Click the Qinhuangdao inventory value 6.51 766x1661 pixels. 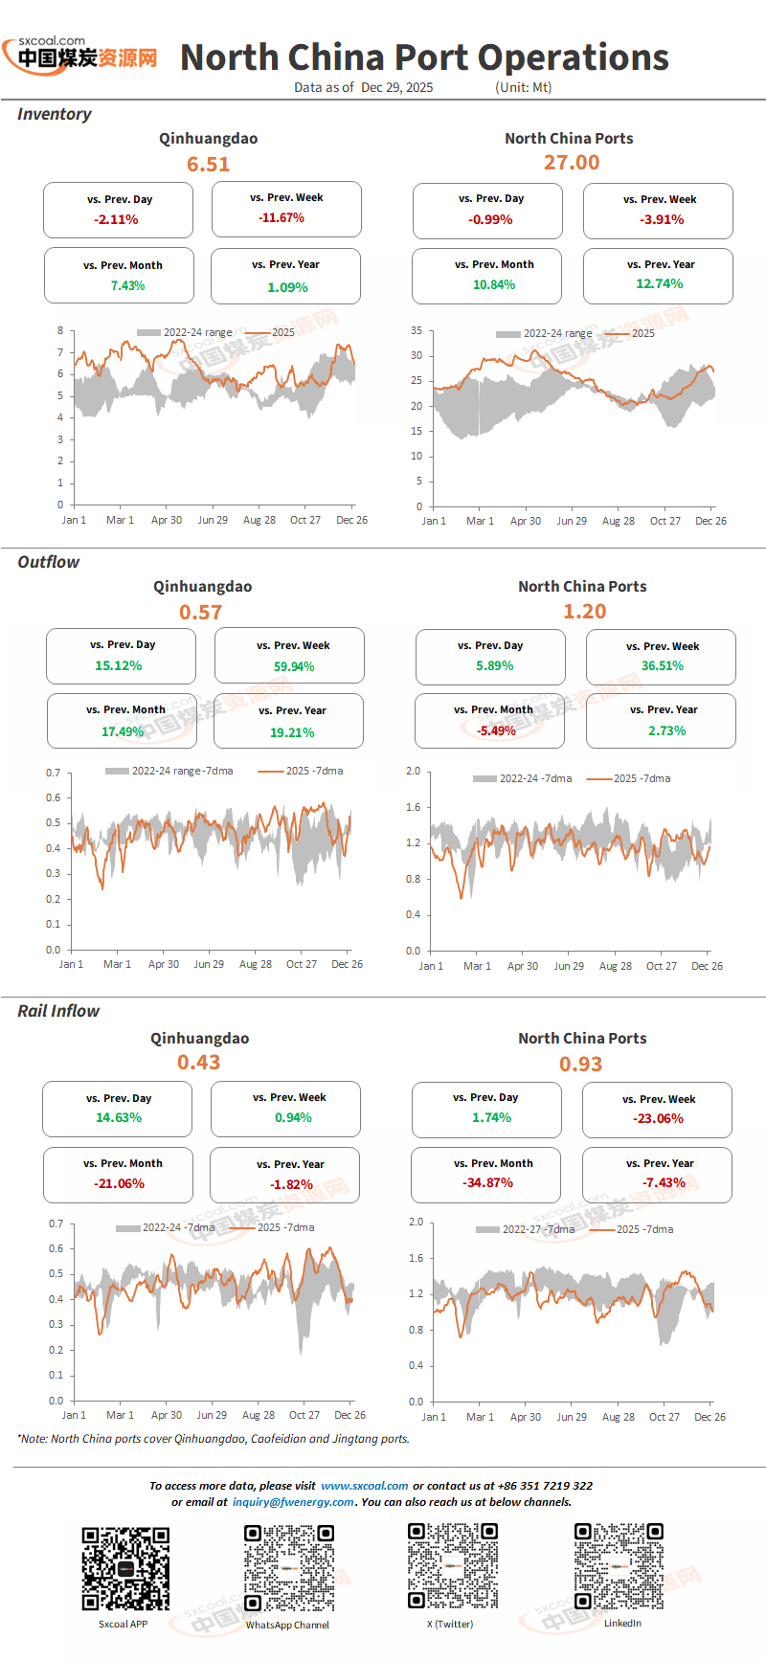tap(208, 165)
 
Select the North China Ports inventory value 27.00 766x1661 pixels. tap(572, 163)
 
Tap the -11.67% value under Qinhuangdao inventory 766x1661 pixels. tap(282, 218)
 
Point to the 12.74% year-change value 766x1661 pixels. tap(660, 284)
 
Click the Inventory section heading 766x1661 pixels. tap(55, 114)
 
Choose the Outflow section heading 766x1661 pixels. tap(49, 562)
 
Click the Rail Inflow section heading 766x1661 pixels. tap(58, 1011)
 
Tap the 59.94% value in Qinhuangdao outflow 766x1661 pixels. tap(294, 667)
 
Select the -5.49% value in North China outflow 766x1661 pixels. tap(496, 730)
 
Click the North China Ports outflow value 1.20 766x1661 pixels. tap(585, 612)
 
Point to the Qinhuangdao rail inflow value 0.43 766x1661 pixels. tap(199, 1063)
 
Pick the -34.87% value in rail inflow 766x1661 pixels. tap(488, 1183)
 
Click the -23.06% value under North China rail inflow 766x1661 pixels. tap(658, 1119)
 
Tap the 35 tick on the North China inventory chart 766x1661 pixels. tap(417, 330)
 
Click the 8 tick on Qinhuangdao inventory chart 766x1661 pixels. tap(60, 330)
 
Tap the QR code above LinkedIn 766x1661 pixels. tap(619, 1567)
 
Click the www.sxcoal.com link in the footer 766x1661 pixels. tap(365, 1486)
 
